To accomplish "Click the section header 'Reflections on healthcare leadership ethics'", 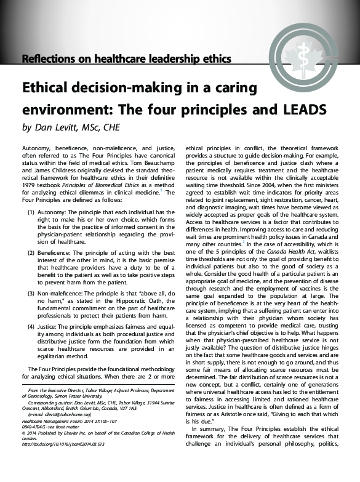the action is [126, 60].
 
